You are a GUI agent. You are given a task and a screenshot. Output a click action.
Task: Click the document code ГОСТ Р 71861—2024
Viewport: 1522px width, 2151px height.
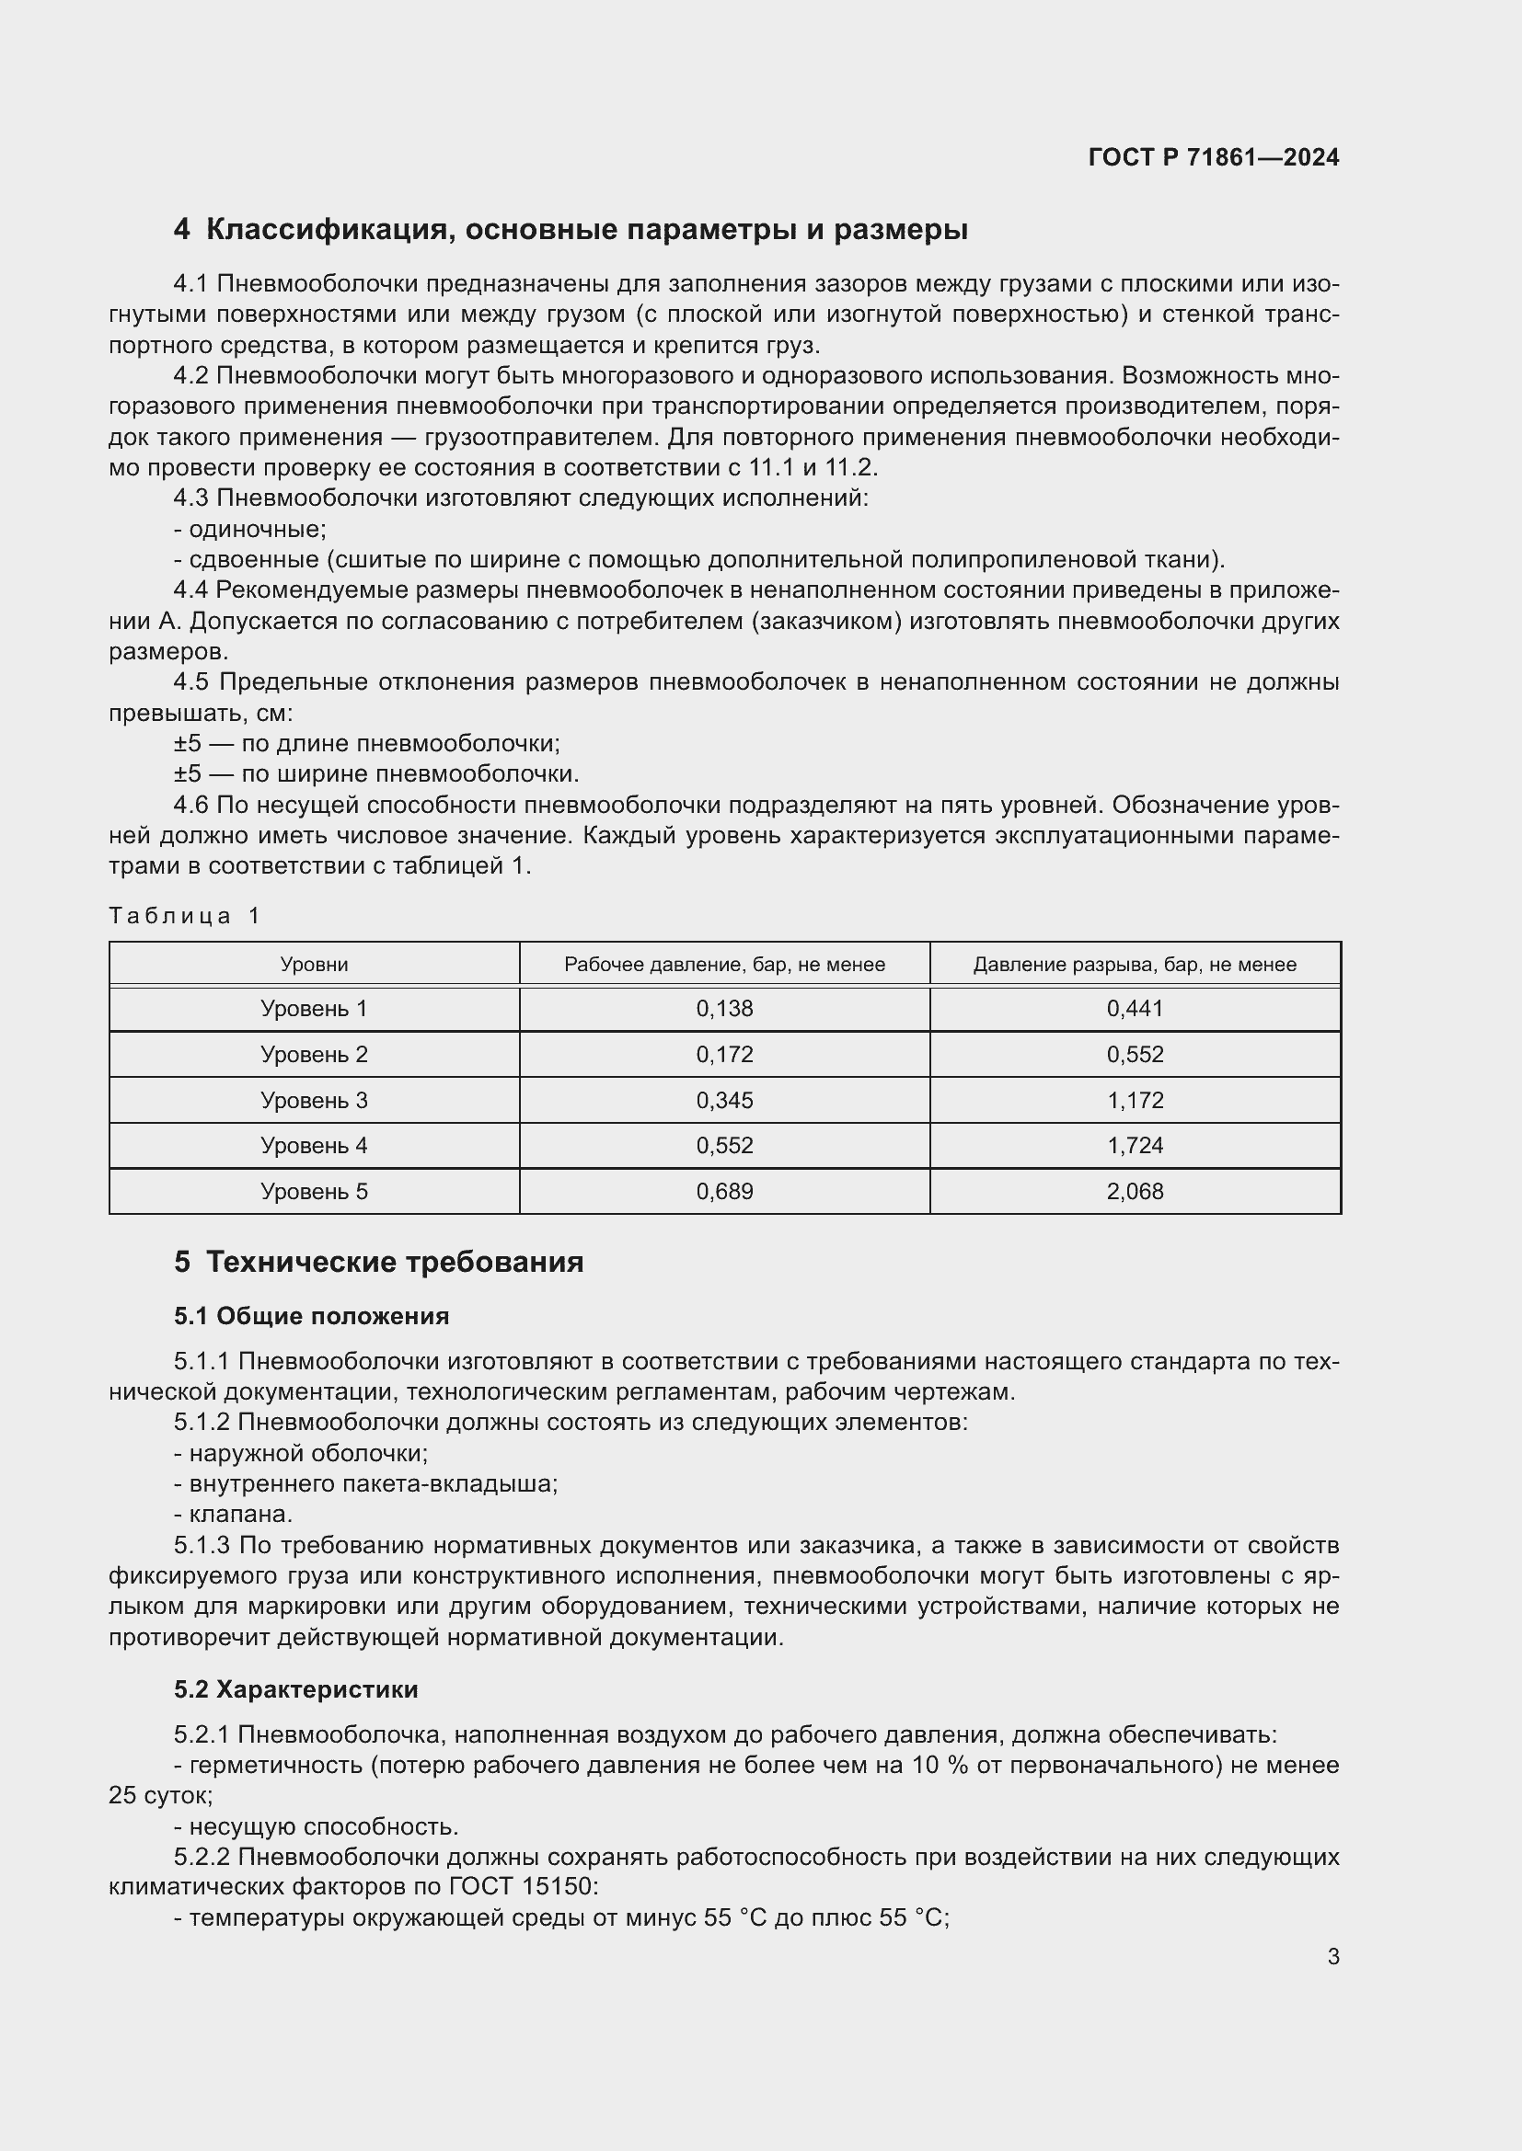point(1213,157)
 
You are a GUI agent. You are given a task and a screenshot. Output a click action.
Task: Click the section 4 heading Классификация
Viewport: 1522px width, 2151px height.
point(570,230)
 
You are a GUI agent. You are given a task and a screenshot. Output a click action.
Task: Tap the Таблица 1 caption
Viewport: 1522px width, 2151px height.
point(185,915)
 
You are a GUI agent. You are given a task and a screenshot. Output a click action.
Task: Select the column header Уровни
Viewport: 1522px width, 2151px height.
point(314,965)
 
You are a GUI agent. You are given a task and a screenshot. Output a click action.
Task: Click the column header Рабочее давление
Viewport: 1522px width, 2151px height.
point(723,965)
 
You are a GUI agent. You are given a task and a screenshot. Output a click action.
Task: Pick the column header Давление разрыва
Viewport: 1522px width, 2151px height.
point(1134,965)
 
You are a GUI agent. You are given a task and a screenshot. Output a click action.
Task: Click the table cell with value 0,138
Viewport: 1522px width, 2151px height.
point(723,1009)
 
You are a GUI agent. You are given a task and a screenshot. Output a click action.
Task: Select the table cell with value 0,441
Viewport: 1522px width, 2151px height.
point(1134,1009)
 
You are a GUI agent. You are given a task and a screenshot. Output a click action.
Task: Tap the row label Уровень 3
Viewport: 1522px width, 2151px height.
point(314,1101)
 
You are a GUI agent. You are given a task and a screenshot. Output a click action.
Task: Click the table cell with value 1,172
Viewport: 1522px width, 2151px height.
point(1134,1101)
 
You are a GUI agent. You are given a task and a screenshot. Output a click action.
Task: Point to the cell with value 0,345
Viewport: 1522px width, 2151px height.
point(723,1101)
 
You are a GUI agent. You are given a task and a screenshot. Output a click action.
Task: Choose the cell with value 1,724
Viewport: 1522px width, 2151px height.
point(1134,1146)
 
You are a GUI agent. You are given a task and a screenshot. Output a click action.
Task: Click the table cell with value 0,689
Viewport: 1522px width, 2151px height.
point(723,1192)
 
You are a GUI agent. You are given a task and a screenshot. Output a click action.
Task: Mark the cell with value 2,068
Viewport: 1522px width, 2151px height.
point(1134,1192)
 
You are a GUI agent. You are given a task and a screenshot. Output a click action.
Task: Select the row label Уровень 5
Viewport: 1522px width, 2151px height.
point(314,1192)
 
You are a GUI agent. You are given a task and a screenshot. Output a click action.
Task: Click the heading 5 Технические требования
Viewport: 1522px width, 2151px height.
point(378,1262)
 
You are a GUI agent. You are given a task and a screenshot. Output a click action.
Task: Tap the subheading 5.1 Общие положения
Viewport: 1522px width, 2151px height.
point(311,1316)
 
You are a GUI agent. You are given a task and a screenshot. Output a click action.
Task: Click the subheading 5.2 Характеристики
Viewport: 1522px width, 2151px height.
point(295,1689)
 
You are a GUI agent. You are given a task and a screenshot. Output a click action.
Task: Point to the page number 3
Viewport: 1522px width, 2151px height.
point(1332,1956)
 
